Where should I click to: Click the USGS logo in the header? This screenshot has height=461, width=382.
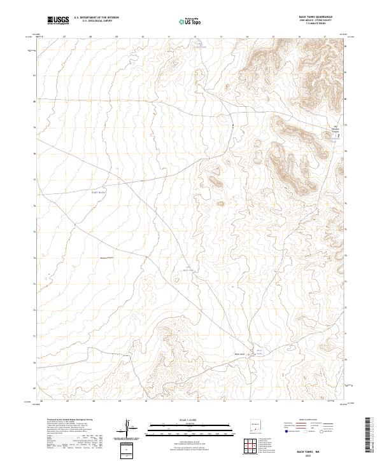point(59,21)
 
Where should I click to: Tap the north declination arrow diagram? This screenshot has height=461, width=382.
point(131,429)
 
